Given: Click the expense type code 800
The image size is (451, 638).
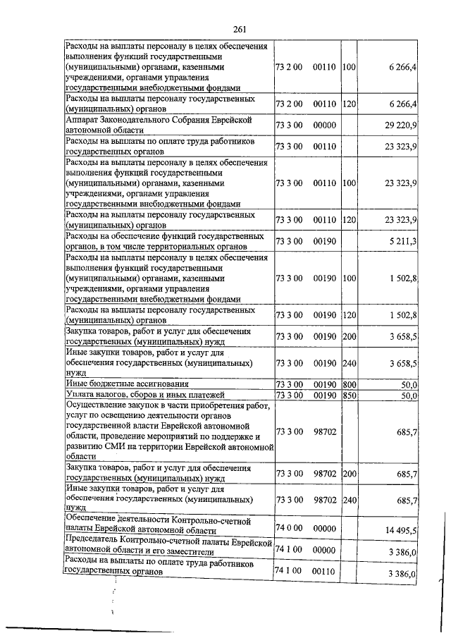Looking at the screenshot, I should (x=349, y=384).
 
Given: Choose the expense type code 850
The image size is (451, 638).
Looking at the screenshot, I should (x=349, y=395).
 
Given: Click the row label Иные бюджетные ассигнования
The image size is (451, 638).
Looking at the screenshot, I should (x=127, y=384).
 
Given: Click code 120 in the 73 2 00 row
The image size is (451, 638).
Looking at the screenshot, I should (x=349, y=104).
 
